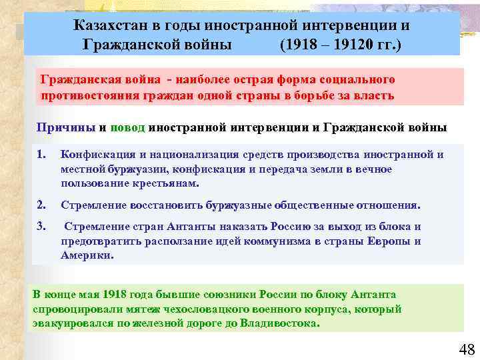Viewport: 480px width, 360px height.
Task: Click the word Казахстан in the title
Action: coord(109,26)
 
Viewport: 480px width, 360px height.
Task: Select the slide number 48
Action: coord(466,349)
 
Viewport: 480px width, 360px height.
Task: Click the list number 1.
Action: coord(41,155)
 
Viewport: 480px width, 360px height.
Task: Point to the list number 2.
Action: coord(41,205)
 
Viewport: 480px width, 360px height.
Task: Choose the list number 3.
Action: coord(41,227)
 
